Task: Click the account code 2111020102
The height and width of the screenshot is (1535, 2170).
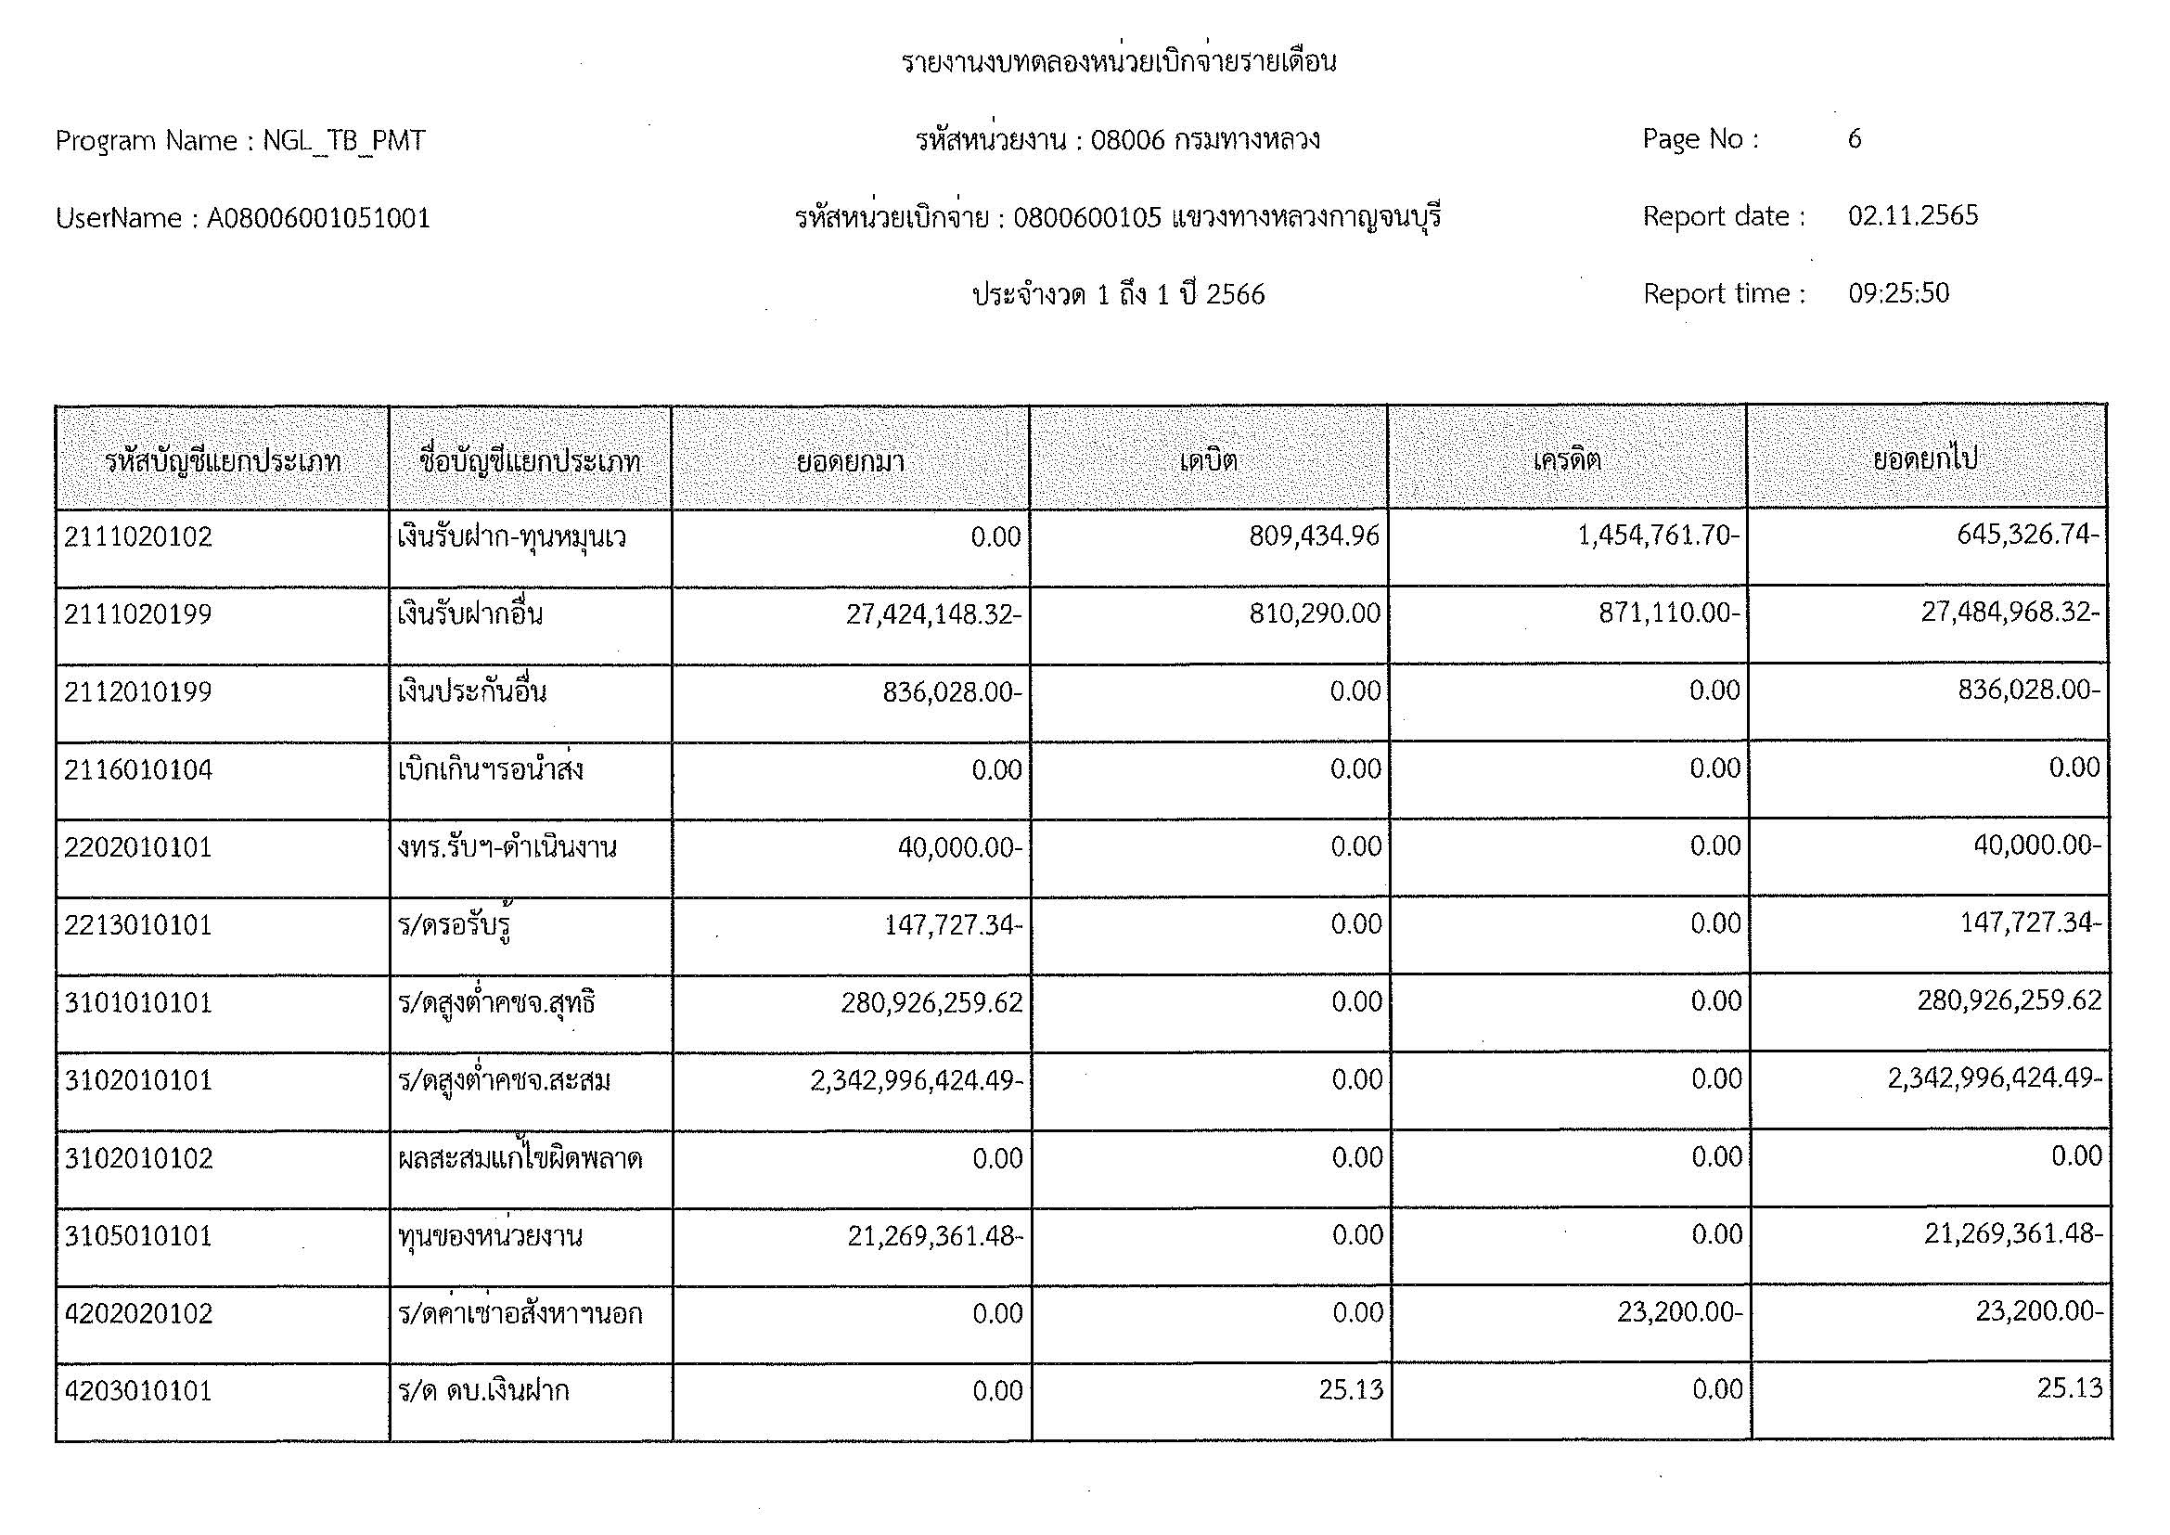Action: coord(138,536)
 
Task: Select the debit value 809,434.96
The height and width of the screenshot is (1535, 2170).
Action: coord(1314,535)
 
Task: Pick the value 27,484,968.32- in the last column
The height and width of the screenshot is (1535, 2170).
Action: coord(2009,613)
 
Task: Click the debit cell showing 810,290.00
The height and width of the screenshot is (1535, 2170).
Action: coord(1315,613)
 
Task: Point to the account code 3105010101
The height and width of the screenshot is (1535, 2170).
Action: coord(138,1235)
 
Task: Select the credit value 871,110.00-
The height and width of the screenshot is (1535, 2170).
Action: coord(1669,613)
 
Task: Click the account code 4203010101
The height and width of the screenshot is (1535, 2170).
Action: coord(138,1390)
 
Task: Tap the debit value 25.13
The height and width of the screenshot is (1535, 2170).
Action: coord(1351,1389)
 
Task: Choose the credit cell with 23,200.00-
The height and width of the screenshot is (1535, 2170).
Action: coord(1679,1312)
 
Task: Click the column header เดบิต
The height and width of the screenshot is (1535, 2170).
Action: coord(1208,460)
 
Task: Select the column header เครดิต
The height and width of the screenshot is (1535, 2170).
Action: coord(1567,460)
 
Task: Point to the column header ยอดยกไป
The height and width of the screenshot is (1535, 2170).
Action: coord(1925,460)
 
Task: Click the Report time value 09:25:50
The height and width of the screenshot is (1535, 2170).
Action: coord(1898,293)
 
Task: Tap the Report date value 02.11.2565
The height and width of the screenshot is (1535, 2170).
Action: coord(1912,215)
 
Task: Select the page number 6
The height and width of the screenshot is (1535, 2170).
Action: coord(1855,139)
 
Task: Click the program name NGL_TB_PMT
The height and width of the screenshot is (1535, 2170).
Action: coord(344,141)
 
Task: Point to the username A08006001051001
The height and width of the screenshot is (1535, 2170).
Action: coord(318,218)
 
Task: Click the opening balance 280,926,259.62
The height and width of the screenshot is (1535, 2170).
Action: coord(931,1002)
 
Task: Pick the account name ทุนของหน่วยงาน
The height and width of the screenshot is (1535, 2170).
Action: coord(490,1235)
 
